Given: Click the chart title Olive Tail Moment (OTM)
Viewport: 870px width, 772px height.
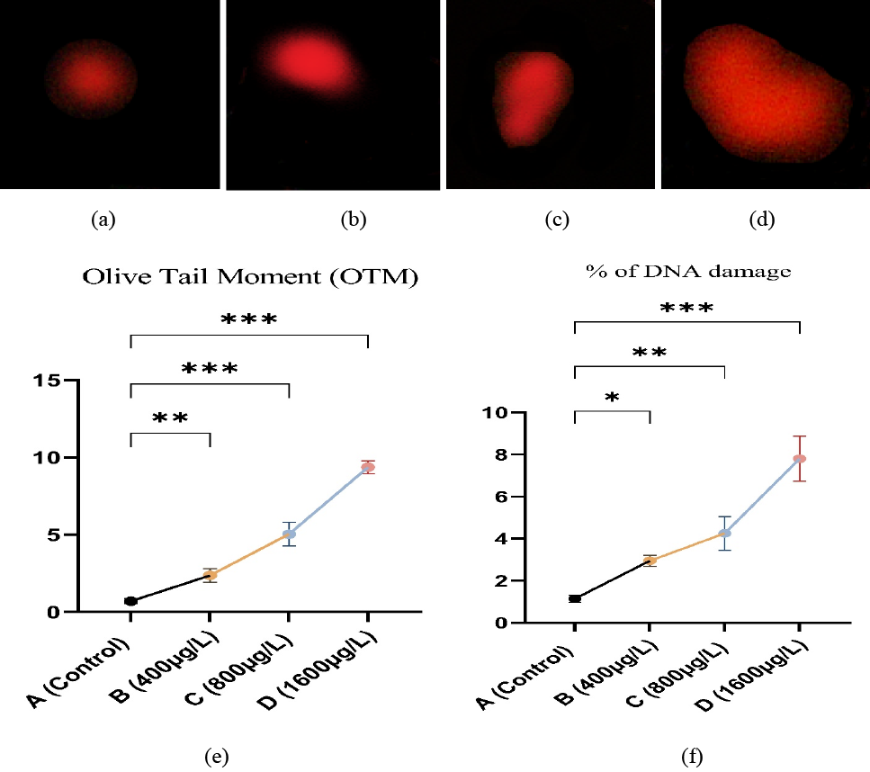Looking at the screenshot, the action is click(250, 276).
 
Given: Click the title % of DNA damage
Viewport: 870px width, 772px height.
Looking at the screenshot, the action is click(688, 271).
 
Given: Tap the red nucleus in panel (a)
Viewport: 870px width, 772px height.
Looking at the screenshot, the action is click(91, 79).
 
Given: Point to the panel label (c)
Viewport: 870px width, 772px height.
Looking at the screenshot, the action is click(557, 220).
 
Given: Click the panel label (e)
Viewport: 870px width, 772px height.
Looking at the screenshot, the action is click(217, 756).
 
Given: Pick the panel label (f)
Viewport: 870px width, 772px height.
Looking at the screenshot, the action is click(692, 756).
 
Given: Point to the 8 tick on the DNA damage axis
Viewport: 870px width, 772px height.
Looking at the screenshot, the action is click(501, 454).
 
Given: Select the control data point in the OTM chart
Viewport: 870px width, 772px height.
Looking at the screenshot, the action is click(131, 601).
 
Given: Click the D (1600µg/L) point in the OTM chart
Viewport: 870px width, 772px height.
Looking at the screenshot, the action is click(368, 467).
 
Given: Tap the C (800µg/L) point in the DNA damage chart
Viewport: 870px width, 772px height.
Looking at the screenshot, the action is click(724, 534).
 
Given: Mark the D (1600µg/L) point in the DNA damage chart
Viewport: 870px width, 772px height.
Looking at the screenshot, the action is click(800, 459).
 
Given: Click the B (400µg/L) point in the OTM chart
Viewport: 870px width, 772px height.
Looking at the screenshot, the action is click(210, 575).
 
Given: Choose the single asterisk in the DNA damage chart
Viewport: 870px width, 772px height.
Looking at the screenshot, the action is click(612, 398).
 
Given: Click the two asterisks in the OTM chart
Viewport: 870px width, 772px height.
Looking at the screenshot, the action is click(170, 417).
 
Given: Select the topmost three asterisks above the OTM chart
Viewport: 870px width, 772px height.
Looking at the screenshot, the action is click(249, 319).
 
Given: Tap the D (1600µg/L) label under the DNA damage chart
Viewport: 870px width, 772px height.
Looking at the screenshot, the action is click(752, 676).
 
